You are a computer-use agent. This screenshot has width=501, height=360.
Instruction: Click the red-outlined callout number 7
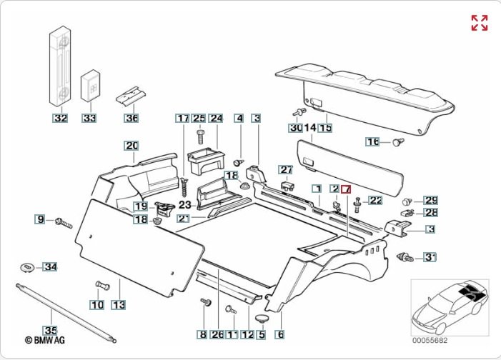346,189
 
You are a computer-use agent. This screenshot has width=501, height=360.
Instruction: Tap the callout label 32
60,118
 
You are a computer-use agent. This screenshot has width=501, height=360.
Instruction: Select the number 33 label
89,118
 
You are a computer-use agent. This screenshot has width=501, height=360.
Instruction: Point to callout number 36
132,118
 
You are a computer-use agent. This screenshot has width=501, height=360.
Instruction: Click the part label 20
132,146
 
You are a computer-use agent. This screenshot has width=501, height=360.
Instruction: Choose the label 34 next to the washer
49,267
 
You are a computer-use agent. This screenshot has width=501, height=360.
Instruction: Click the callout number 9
41,219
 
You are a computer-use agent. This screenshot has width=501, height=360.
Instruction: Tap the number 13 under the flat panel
118,305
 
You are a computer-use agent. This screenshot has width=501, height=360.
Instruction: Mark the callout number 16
373,142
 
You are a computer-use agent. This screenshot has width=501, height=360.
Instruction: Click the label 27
286,170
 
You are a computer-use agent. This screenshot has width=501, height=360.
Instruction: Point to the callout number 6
280,334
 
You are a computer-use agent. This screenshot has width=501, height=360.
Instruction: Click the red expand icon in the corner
479,22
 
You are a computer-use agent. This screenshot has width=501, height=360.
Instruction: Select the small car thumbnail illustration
450,306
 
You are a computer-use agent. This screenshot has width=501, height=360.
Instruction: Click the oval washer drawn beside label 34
26,267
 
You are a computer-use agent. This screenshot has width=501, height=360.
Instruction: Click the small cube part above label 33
90,85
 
